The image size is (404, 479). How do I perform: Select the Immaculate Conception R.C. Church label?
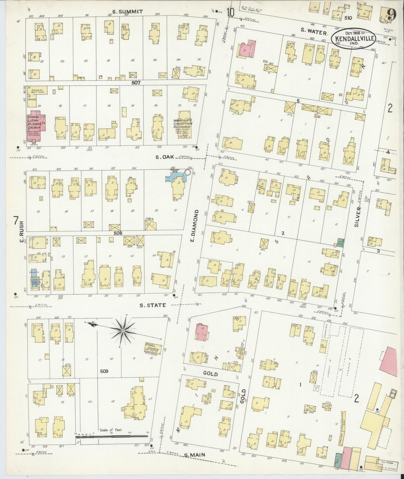click(183, 124)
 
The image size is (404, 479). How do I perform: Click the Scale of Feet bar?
click(112, 444)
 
